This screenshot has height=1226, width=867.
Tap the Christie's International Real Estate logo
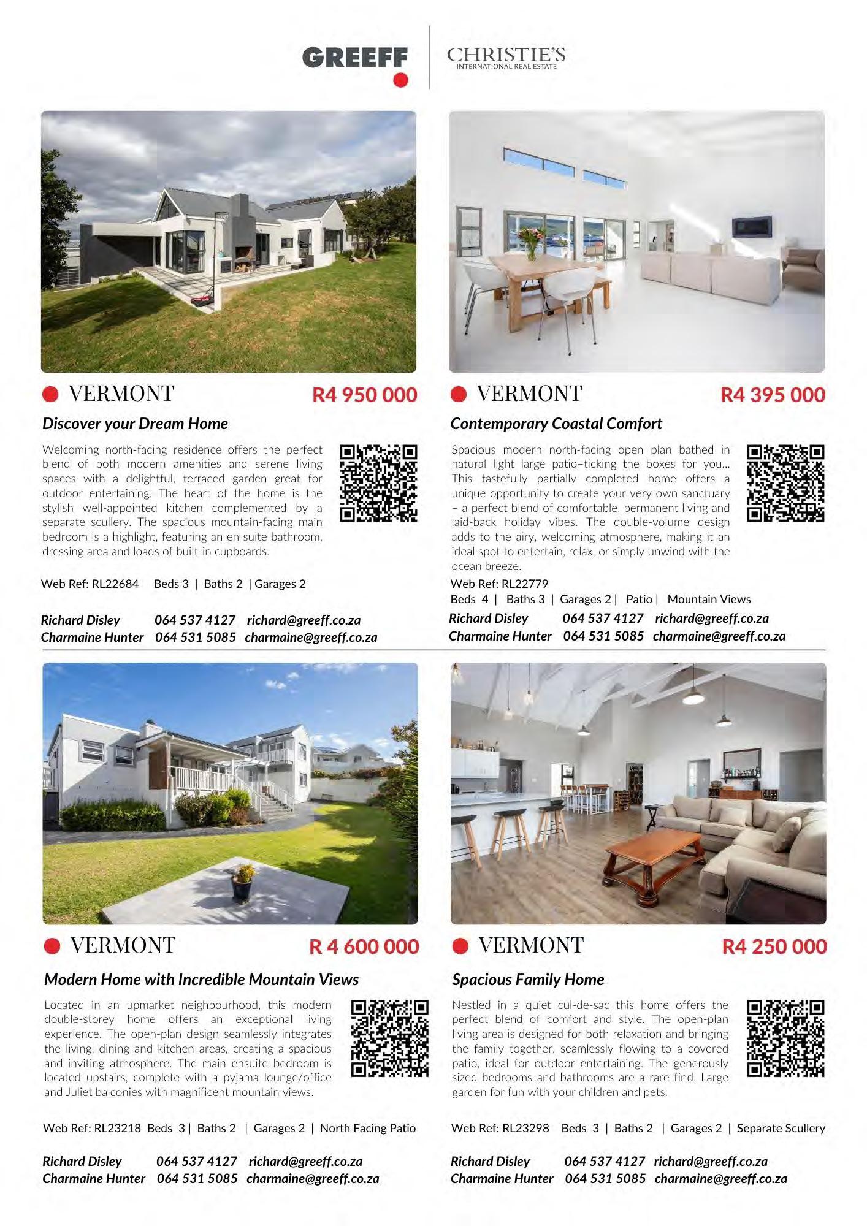506,58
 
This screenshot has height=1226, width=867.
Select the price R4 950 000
365,395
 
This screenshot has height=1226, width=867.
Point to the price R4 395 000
773,395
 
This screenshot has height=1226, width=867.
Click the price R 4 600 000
364,946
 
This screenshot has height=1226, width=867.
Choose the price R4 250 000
774,946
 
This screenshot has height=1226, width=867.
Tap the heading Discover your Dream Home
135,424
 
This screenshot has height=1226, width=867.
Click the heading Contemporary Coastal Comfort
556,424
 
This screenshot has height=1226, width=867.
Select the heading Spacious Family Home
528,980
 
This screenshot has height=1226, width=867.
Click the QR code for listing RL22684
378,483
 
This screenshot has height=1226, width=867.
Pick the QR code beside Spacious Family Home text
785,1038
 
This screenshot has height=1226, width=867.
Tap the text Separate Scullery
781,1128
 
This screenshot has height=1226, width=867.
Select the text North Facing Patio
368,1128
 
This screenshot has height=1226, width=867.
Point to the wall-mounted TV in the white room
752,227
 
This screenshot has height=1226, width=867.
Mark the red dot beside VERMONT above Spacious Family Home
460,946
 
